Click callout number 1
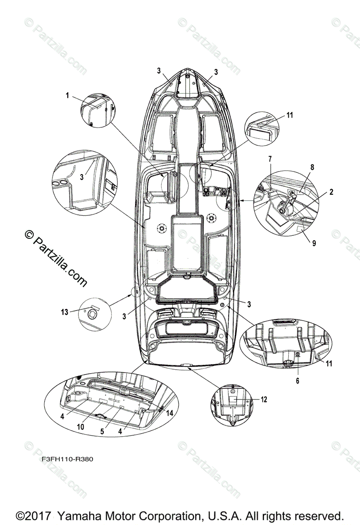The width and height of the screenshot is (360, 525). pos(67,95)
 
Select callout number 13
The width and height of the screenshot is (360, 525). pos(65,311)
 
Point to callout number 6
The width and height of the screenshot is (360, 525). pos(298,381)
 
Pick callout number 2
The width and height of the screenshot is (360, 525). pos(332,192)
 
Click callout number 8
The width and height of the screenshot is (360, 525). pos(312,167)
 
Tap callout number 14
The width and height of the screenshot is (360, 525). pos(170,413)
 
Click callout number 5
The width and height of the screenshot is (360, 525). pos(102,431)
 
